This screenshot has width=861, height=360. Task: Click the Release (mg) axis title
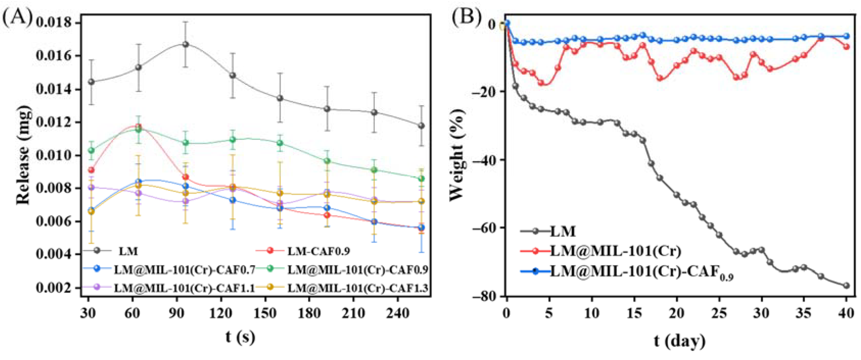tap(23, 155)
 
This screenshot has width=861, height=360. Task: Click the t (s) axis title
tap(240, 336)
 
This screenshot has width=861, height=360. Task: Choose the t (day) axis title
tap(680, 341)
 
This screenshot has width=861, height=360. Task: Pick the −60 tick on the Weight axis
tap(484, 228)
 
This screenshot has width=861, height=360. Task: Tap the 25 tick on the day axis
tap(719, 314)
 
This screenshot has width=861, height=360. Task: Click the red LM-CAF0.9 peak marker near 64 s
tap(138, 126)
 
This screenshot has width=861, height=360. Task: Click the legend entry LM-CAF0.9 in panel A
tap(318, 251)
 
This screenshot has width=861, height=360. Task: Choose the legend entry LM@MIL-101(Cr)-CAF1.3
tap(357, 288)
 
